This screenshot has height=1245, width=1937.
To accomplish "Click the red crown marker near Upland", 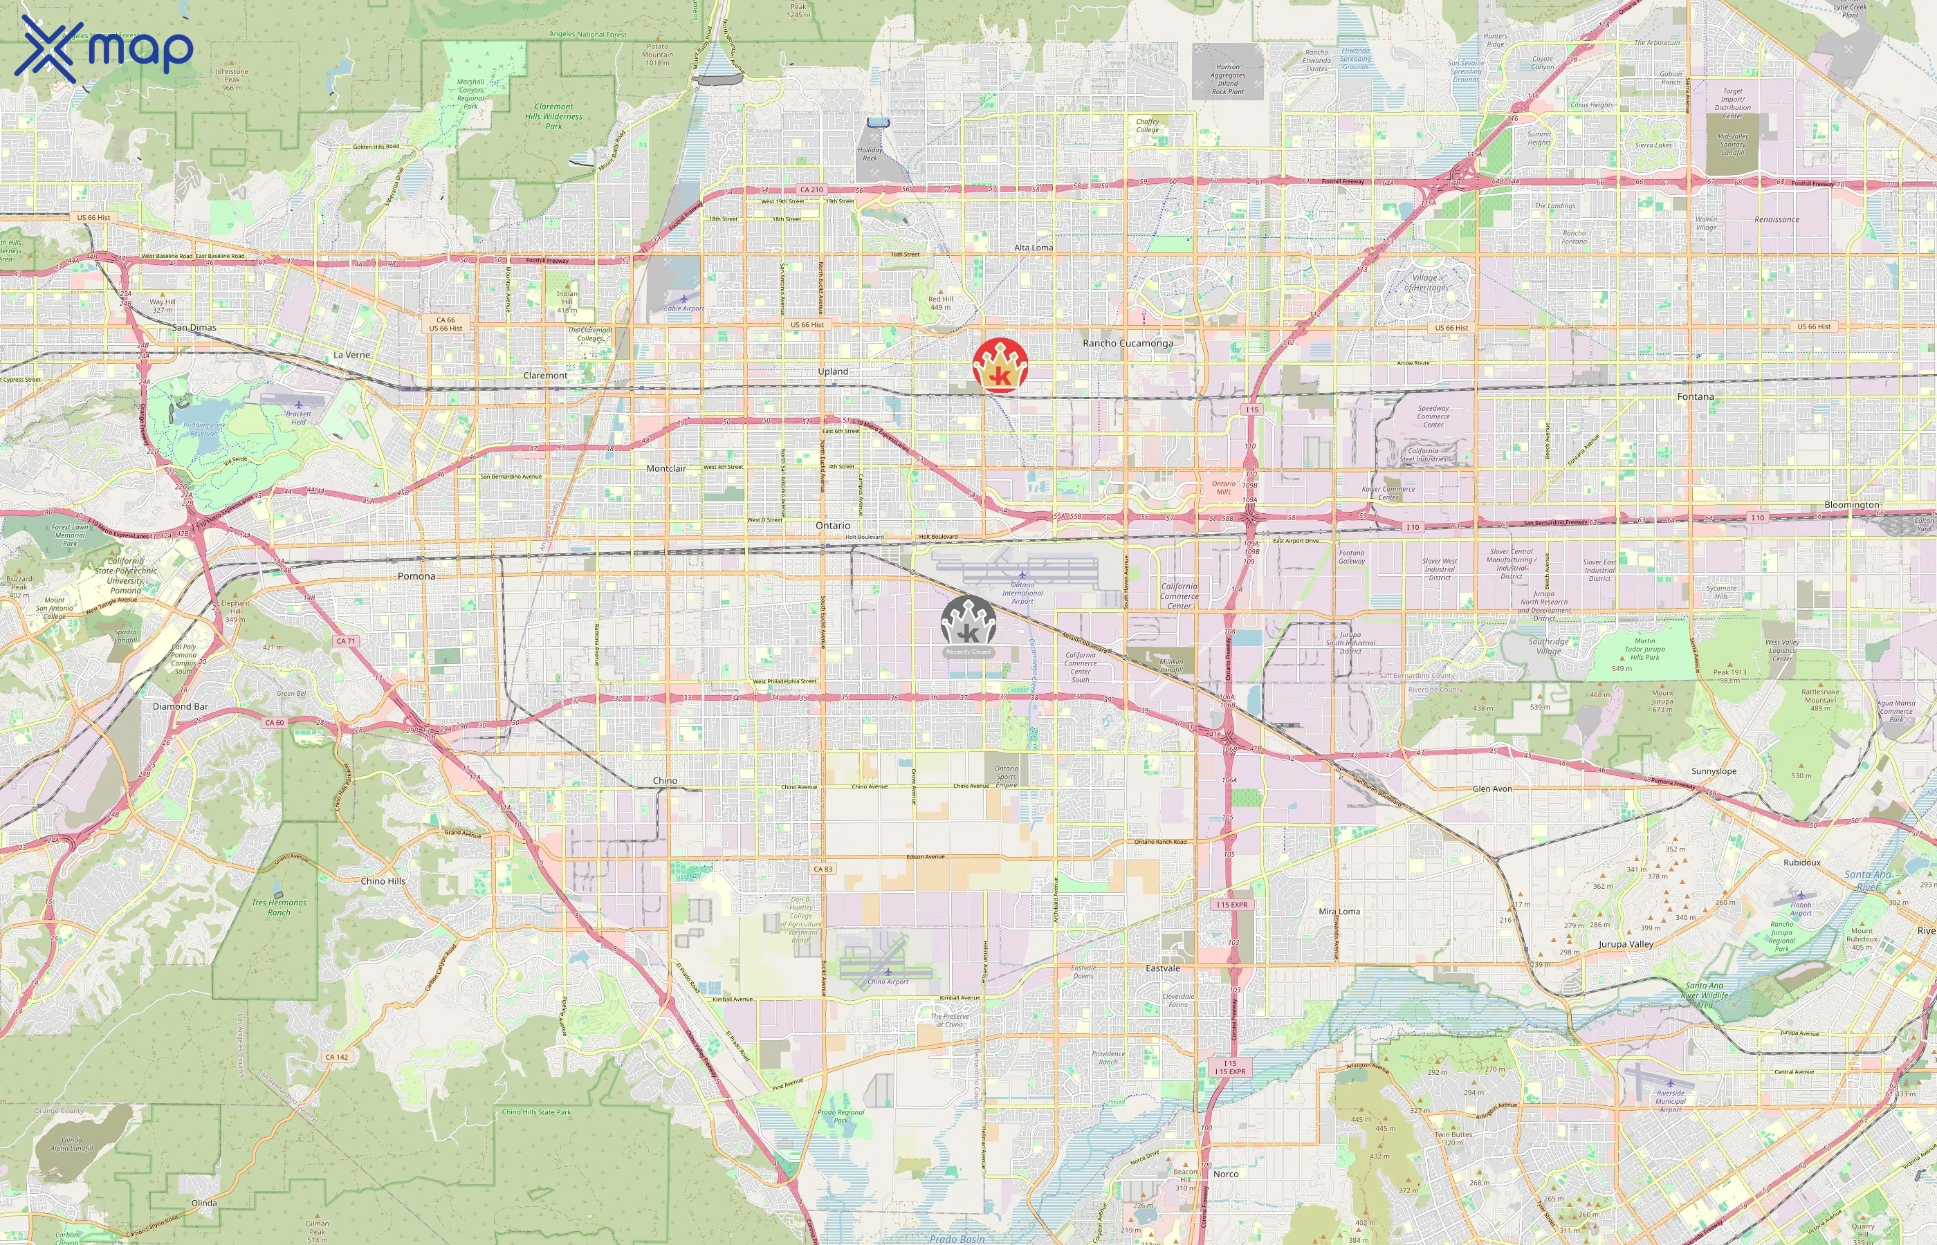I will [x=1000, y=365].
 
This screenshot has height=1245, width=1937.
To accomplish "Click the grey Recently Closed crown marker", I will [x=969, y=624].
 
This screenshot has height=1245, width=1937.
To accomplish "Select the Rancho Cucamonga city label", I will [x=1127, y=344].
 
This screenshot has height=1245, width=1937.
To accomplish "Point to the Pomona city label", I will [x=416, y=576].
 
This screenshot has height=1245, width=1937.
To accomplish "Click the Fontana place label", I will [x=1696, y=397].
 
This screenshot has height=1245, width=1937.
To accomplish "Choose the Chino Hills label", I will [x=383, y=881].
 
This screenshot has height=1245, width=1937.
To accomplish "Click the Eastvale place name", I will [x=1162, y=968].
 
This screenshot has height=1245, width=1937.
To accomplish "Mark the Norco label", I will [x=1226, y=1174].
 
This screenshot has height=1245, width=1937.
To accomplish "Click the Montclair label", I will [x=666, y=469].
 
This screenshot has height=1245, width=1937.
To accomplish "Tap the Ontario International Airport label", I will [x=1022, y=593].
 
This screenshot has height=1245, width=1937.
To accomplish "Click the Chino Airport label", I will [x=888, y=981].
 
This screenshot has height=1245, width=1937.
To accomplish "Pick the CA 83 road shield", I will [x=823, y=869].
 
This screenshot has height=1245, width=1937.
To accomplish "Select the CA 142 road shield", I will [x=336, y=1057].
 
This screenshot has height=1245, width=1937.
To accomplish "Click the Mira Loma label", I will [x=1339, y=912].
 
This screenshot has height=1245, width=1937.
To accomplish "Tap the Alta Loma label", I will [x=1033, y=248].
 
